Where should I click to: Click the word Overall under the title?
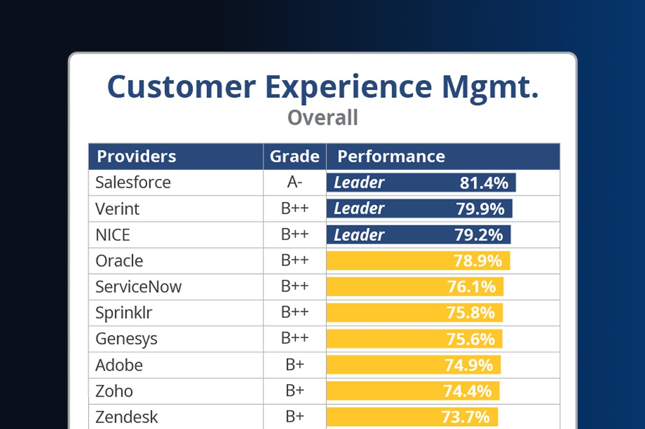pyautogui.click(x=322, y=118)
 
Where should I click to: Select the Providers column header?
pyautogui.click(x=137, y=156)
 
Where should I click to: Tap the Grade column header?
pyautogui.click(x=295, y=156)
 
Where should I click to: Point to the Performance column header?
pyautogui.click(x=391, y=156)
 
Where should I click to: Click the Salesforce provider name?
pyautogui.click(x=133, y=183)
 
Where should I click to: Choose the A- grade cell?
pyautogui.click(x=295, y=183)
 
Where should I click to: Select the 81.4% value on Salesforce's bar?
pyautogui.click(x=484, y=183)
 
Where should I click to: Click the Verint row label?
pyautogui.click(x=117, y=209)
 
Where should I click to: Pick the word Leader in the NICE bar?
pyautogui.click(x=359, y=235)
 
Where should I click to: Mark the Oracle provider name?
pyautogui.click(x=119, y=261)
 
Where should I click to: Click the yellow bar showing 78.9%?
pyautogui.click(x=418, y=261)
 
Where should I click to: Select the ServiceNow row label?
pyautogui.click(x=139, y=287)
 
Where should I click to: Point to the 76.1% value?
pyautogui.click(x=471, y=287)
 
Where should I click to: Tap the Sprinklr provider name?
pyautogui.click(x=120, y=312)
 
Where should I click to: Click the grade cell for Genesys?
pyautogui.click(x=295, y=339)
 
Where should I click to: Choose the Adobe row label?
pyautogui.click(x=119, y=365)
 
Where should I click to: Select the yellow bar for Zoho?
pyautogui.click(x=413, y=391)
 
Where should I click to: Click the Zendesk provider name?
pyautogui.click(x=127, y=417)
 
